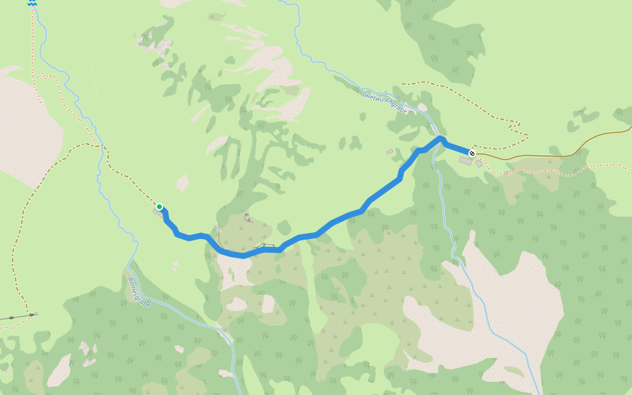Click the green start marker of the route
pos(159,207)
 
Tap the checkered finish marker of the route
pos(472,153)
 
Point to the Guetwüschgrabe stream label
pos(384,103)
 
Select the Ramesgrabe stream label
pos(140,292)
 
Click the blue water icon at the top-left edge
pos(32,3)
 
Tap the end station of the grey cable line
pos(36,315)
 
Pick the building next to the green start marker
pos(158,213)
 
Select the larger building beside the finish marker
pos(465,161)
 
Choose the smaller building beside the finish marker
pos(479,163)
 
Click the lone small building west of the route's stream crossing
pos(390,152)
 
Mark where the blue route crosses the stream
pos(436,140)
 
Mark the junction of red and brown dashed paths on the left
pos(101,145)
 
